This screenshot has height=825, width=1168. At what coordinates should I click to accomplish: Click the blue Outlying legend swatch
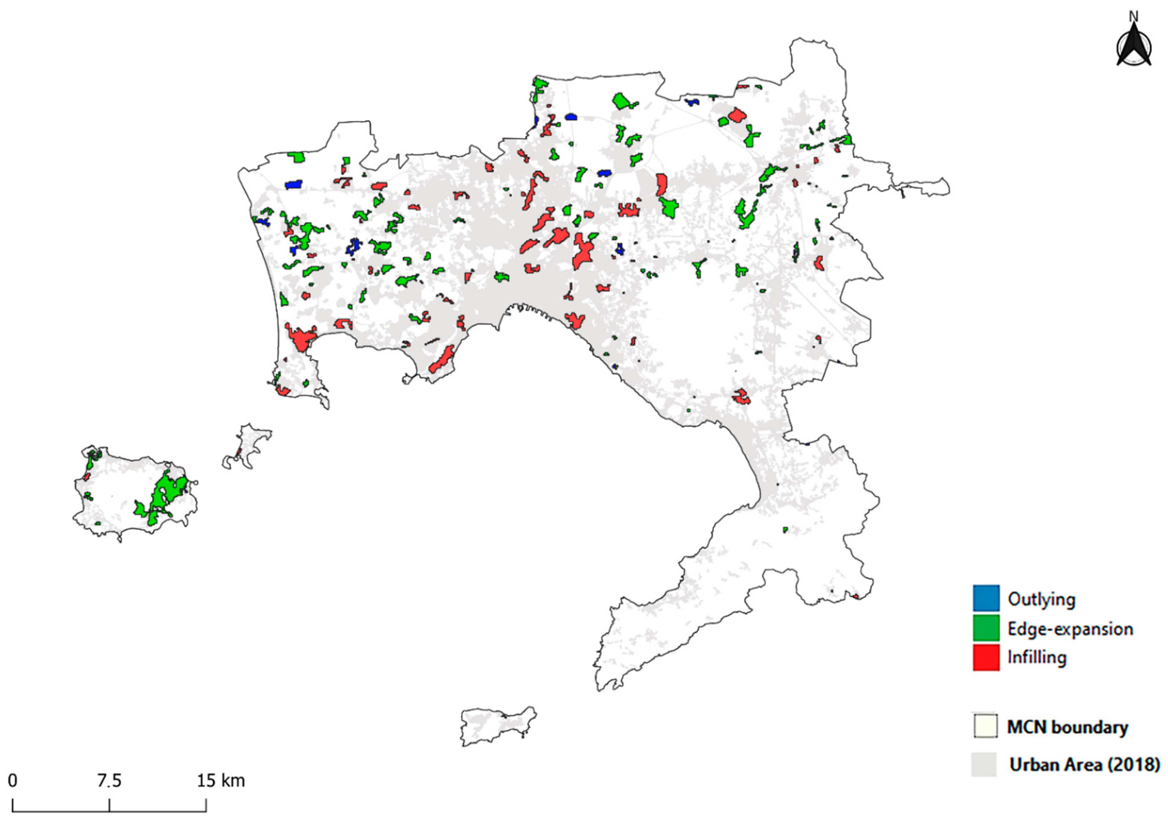point(986,599)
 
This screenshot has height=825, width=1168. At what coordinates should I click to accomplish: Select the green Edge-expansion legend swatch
point(986,628)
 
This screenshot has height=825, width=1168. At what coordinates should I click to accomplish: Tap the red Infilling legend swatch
point(986,657)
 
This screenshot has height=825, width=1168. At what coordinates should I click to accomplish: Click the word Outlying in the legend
point(1041,600)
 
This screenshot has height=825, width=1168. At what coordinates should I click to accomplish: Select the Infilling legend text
point(1037,658)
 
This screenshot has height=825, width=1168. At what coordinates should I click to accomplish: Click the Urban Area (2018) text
point(1085,764)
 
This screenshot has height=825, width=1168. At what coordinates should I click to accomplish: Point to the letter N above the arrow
point(1133,17)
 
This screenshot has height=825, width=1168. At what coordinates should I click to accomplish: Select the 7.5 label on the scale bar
point(109,781)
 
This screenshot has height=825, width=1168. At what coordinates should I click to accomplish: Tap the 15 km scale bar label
point(221,781)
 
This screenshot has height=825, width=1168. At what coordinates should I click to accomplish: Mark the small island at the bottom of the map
point(496,725)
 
